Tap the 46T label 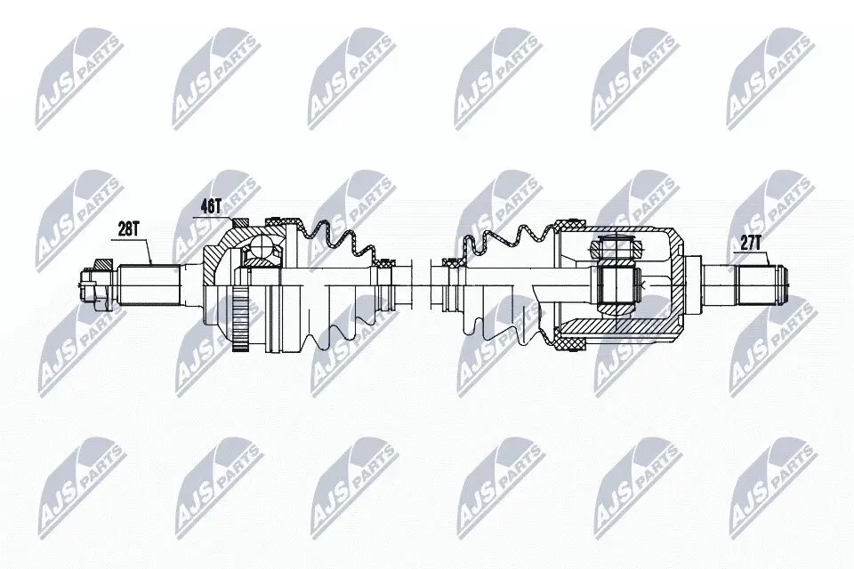(x=211, y=204)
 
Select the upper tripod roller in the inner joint (x=616, y=248)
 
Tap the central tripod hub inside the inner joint (x=616, y=284)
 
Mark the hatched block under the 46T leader (x=237, y=222)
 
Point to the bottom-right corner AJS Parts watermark (x=769, y=489)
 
